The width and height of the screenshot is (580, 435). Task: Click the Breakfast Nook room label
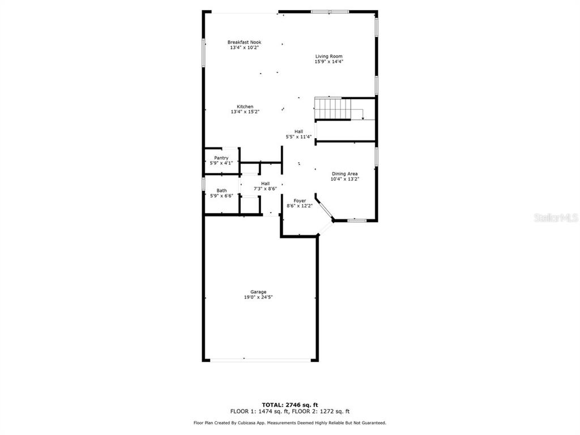pyautogui.click(x=245, y=42)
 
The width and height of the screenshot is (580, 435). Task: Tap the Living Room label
pyautogui.click(x=329, y=56)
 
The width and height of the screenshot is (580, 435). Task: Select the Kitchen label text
pyautogui.click(x=245, y=106)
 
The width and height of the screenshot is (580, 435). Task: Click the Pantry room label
pyautogui.click(x=221, y=157)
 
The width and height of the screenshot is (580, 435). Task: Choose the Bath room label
pyautogui.click(x=221, y=190)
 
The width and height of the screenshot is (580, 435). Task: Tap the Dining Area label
pyautogui.click(x=345, y=174)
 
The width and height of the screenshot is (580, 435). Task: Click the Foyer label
pyautogui.click(x=300, y=201)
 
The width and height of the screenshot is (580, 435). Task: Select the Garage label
pyautogui.click(x=258, y=292)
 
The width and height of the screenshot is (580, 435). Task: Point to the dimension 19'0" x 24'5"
pyautogui.click(x=258, y=297)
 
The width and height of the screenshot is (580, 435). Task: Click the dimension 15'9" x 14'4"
pyautogui.click(x=329, y=61)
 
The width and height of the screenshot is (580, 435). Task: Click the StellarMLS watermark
pyautogui.click(x=555, y=217)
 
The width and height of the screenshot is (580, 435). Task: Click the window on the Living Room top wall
pyautogui.click(x=330, y=11)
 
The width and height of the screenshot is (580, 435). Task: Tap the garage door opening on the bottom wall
pyautogui.click(x=259, y=360)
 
